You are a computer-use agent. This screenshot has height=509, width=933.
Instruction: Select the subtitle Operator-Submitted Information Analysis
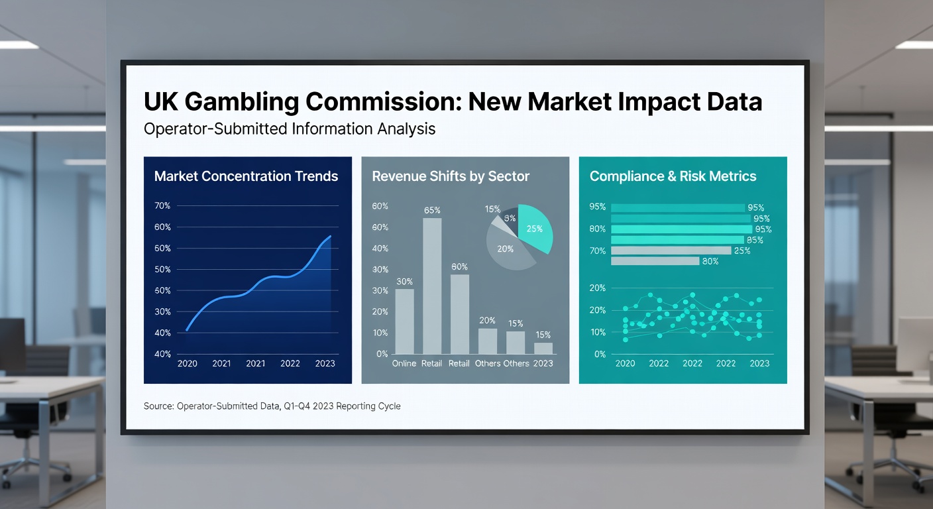click(290, 129)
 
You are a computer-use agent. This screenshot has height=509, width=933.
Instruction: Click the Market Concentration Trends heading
click(246, 176)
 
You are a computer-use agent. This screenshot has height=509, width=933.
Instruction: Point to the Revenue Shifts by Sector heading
click(451, 176)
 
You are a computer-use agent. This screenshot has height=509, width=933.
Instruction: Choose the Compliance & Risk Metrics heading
click(673, 176)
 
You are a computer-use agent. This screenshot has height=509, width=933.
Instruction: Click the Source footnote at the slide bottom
click(272, 406)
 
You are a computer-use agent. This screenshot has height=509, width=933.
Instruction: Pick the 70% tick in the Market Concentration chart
click(162, 206)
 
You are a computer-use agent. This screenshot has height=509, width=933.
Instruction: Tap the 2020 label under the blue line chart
click(187, 363)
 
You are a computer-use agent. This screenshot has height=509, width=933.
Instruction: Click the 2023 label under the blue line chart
click(325, 363)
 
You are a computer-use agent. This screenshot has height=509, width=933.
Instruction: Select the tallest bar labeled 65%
click(432, 286)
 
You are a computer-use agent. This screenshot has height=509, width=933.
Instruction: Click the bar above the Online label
click(404, 321)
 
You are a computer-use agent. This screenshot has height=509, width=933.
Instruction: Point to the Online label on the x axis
click(404, 363)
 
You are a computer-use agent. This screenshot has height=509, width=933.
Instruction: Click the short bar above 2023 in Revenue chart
click(543, 348)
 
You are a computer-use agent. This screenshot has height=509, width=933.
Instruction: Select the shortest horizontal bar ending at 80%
click(655, 261)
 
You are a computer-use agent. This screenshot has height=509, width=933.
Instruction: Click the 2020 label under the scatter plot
click(625, 363)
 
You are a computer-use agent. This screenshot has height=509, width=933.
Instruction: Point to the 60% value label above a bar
click(459, 266)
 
